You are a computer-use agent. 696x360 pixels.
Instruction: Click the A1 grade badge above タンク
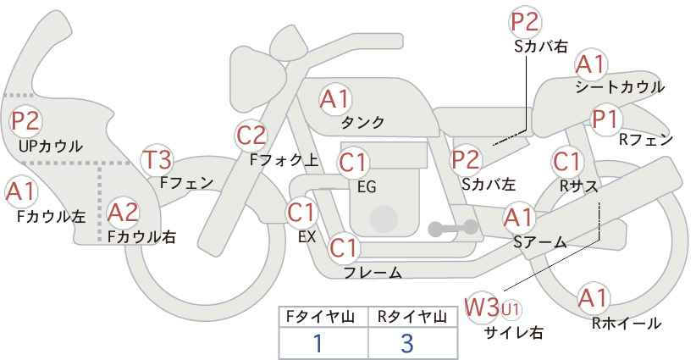(334, 99)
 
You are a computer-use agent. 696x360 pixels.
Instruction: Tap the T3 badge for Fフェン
(157, 159)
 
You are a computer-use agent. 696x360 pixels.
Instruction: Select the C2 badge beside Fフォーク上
(251, 135)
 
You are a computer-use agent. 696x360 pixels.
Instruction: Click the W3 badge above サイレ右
(482, 307)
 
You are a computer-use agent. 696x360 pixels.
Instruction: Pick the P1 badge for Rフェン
(605, 120)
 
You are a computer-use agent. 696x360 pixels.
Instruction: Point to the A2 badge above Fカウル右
(123, 212)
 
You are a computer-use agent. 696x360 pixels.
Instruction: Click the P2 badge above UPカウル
(25, 121)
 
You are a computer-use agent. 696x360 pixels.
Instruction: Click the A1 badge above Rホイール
(593, 298)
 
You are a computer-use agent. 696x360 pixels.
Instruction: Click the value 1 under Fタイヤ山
(318, 344)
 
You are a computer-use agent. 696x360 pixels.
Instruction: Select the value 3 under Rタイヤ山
(407, 344)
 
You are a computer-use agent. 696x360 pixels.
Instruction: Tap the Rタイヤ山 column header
(412, 316)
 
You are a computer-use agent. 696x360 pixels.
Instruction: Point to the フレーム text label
(373, 273)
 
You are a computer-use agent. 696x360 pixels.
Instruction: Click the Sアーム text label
(539, 242)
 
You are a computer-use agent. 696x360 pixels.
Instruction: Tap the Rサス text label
(579, 185)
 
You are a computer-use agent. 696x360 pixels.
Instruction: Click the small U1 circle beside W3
(510, 307)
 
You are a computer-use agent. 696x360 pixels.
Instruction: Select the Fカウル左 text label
(52, 217)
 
